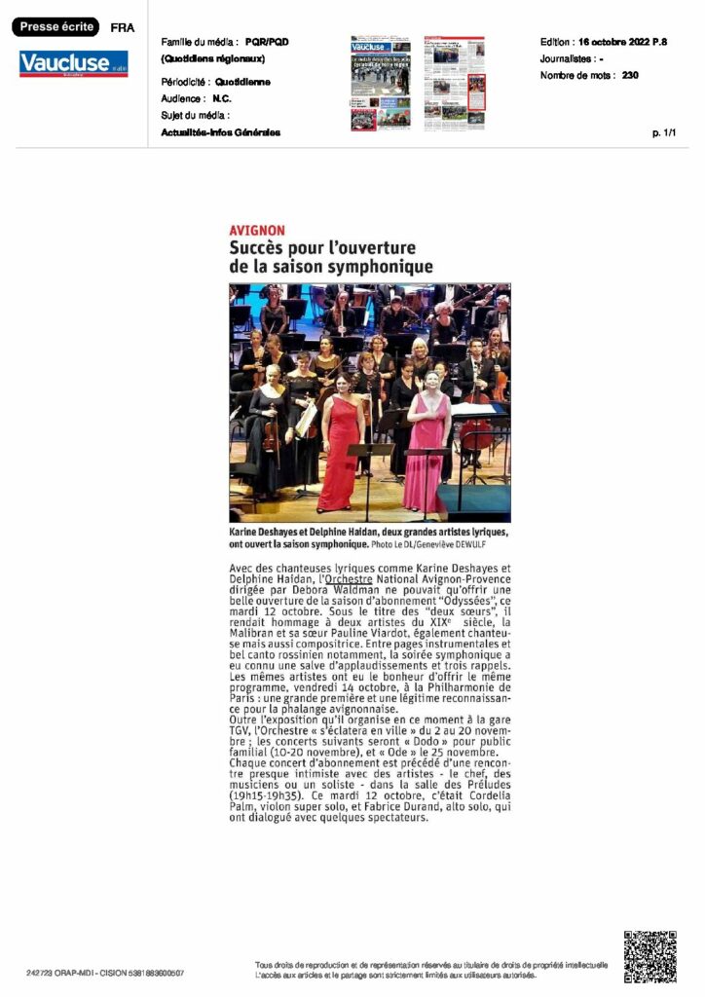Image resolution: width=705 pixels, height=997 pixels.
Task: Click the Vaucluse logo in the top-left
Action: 73,64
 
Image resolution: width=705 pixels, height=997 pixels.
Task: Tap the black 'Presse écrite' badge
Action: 55,27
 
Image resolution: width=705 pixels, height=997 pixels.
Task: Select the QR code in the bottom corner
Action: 649,957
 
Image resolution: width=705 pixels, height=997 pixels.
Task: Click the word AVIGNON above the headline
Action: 257,230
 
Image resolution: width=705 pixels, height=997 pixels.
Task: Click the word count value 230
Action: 630,75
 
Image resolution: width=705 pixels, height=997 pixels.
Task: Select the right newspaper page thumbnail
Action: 454,84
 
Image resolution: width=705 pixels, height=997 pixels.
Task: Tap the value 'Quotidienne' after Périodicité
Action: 242,83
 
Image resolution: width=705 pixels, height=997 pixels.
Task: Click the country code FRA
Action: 123,28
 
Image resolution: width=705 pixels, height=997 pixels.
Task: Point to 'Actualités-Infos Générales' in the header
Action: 221,132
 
